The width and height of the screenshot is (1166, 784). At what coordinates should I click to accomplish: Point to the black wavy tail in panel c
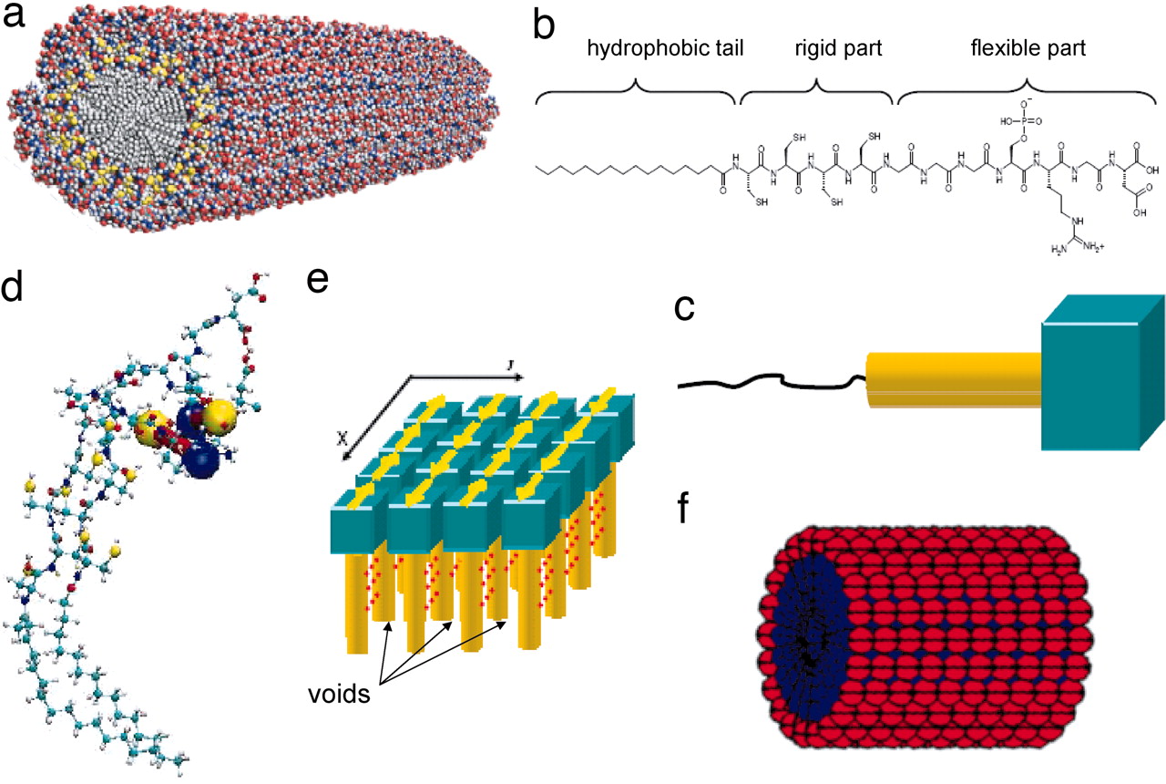coord(765,381)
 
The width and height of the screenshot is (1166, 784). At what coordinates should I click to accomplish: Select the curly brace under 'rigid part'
coord(816,88)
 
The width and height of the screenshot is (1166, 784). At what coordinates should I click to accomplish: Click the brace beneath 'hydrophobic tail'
coord(636,88)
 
